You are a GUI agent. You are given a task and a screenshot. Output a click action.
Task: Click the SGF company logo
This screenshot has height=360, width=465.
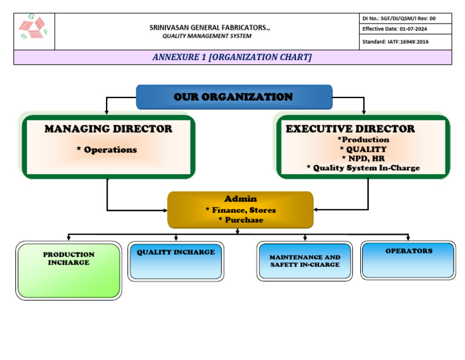(x=34, y=28)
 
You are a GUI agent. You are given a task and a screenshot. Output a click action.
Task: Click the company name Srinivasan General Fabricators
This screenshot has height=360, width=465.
(x=209, y=27)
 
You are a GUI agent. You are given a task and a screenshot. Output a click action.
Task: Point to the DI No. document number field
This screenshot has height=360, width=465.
(x=399, y=18)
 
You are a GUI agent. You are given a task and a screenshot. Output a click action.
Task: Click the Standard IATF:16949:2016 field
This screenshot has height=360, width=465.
(x=395, y=42)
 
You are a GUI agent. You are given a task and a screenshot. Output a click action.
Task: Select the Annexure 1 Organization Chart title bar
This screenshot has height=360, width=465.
(x=232, y=57)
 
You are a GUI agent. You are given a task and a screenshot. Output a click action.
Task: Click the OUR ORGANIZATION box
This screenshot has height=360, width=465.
(x=234, y=97)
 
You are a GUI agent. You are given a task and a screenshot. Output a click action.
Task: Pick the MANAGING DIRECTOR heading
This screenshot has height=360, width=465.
(x=108, y=129)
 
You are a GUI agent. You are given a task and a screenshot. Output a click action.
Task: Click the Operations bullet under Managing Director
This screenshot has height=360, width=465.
(x=107, y=150)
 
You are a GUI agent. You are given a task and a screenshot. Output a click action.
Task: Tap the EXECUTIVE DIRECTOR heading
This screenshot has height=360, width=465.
(x=351, y=129)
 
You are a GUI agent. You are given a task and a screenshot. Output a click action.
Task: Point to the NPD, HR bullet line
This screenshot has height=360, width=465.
(x=363, y=158)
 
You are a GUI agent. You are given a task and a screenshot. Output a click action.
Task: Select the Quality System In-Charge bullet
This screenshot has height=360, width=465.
(x=363, y=168)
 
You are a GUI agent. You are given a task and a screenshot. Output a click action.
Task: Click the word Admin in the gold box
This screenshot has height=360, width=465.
(x=240, y=199)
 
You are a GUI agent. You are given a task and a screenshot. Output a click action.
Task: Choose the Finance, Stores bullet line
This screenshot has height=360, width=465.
(x=240, y=210)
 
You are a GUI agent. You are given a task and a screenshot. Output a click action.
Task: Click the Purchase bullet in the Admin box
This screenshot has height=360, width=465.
(x=240, y=220)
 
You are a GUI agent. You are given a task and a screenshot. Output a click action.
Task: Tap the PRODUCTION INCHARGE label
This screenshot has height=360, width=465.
(x=68, y=259)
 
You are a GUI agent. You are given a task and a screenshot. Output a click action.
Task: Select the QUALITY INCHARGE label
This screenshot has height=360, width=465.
(x=176, y=252)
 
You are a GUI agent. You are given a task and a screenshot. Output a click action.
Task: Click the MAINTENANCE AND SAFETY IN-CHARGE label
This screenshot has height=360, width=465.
(x=305, y=261)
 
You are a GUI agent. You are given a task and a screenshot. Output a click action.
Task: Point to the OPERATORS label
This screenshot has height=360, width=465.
(x=409, y=251)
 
